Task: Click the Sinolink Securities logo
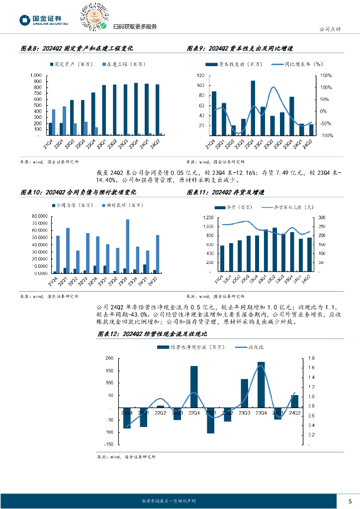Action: tap(44, 19)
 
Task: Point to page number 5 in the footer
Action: tap(350, 501)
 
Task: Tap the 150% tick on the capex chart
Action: tap(326, 76)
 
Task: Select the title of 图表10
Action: tap(78, 192)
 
